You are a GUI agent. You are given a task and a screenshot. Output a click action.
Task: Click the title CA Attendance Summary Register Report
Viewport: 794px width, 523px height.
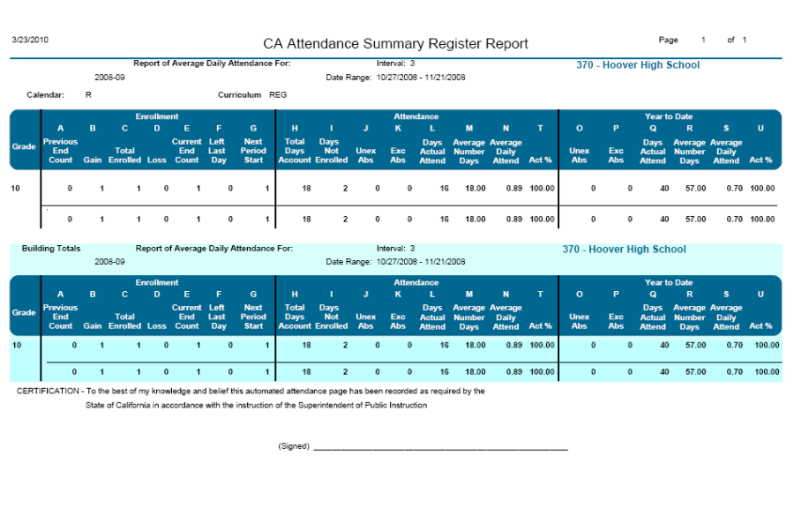(395, 43)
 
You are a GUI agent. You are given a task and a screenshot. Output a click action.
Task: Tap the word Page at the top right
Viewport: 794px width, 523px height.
(668, 40)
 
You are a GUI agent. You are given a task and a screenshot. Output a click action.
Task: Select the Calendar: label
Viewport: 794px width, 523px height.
(46, 94)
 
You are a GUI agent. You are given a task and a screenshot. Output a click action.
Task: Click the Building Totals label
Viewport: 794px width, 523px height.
(51, 249)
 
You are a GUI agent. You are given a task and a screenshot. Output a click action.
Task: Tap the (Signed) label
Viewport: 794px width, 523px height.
(294, 446)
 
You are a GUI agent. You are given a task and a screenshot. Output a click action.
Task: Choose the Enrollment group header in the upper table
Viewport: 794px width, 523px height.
(157, 116)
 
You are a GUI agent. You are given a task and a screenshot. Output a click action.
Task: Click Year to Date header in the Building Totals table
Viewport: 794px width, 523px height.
(669, 283)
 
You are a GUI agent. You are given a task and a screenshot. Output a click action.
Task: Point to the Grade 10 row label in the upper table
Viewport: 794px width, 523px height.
(16, 188)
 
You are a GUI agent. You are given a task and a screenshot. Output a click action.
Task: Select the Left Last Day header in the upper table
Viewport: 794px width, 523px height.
(217, 151)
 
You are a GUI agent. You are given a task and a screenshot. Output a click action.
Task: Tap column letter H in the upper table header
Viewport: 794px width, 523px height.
(295, 129)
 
